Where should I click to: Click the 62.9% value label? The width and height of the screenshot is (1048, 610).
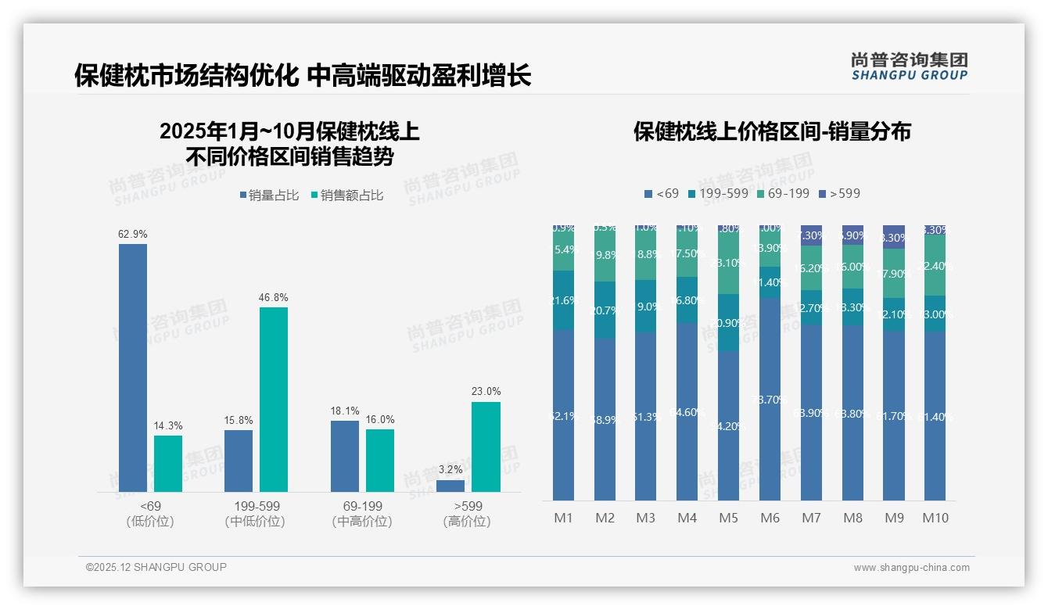133,234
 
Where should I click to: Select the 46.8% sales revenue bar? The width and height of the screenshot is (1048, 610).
274,399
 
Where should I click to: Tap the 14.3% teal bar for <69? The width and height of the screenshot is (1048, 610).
168,463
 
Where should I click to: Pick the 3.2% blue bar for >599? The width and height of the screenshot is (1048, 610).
450,486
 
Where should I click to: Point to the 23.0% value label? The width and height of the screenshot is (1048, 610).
486,391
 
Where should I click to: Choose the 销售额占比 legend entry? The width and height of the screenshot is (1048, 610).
347,196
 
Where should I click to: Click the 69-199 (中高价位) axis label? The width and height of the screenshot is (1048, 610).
362,514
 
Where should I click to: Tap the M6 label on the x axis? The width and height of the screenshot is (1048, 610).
770,518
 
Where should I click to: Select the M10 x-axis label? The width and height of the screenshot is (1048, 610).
935,518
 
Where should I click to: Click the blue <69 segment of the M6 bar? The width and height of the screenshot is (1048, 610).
770,399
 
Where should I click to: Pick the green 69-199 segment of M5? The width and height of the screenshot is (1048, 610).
729,263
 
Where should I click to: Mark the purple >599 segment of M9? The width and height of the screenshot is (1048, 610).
894,237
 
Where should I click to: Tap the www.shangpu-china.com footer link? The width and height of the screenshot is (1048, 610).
911,568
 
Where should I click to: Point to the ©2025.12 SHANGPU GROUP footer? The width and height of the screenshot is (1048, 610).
156,567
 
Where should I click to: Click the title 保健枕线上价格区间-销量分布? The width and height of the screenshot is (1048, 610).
772,131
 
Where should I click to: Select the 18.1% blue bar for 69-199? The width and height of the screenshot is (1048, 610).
345,456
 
